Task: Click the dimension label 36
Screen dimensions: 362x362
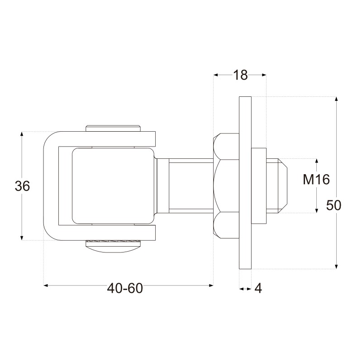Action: tap(22, 186)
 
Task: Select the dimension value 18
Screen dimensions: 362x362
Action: tap(240, 75)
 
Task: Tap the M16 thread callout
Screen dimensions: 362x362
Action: tap(316, 179)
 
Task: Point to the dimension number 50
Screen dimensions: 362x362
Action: tap(333, 205)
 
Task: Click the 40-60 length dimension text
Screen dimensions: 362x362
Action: tap(125, 288)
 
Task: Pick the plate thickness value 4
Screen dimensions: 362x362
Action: tap(258, 288)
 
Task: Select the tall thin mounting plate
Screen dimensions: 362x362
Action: tap(245, 183)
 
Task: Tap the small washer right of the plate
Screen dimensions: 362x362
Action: tap(259, 186)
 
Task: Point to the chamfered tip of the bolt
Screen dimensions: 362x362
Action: tap(282, 186)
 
